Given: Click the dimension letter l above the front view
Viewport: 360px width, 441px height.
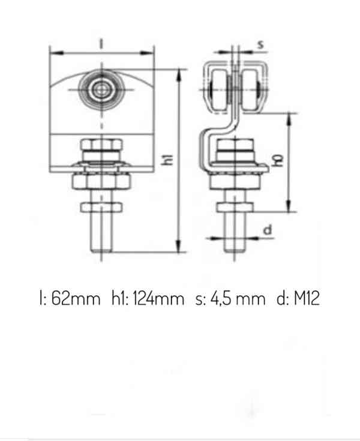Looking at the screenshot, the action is tap(101, 44).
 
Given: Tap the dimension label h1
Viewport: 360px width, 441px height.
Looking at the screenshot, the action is tap(169, 160).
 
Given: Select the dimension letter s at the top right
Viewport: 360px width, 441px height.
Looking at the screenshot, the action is tap(261, 44).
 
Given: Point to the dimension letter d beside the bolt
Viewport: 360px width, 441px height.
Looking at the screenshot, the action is tap(268, 229).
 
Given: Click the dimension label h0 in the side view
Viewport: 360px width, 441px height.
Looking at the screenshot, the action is tap(278, 160).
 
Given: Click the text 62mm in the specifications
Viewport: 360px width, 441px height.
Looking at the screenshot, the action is tap(76, 298).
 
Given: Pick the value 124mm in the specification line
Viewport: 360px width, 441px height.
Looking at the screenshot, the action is tap(158, 298).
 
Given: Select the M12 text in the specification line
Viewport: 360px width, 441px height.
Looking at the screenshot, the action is tap(307, 298).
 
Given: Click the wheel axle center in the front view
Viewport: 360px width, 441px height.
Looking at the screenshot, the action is tap(101, 90).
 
